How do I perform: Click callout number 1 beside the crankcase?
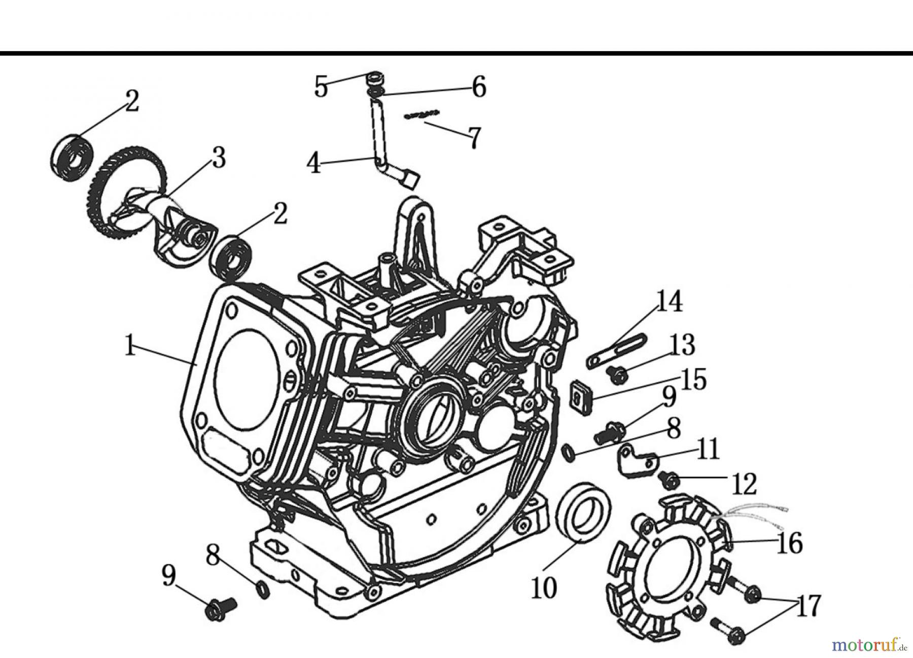(130, 348)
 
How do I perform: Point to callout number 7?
(473, 137)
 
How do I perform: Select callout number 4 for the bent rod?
(314, 163)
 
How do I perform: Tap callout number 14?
(669, 302)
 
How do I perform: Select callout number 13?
(683, 345)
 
